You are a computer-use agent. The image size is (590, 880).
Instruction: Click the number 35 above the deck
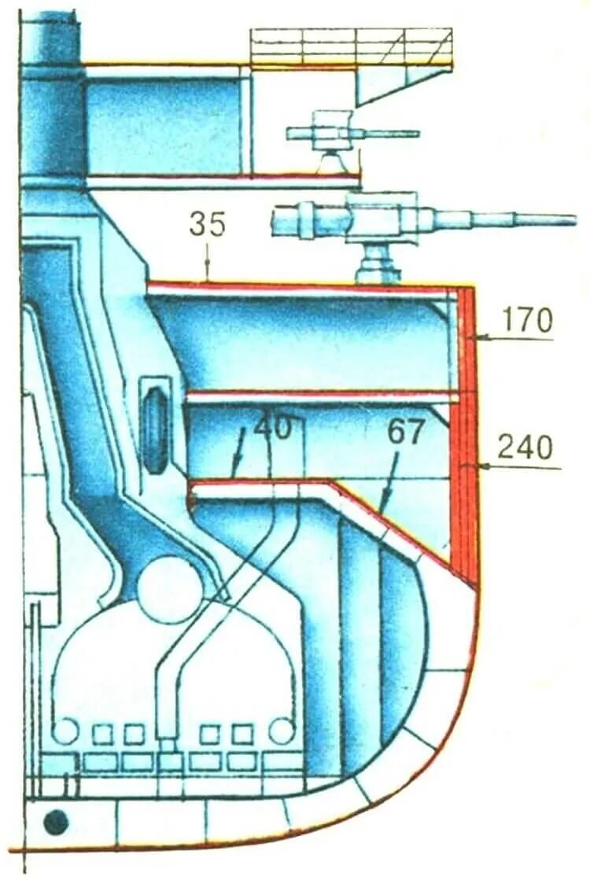click(x=207, y=226)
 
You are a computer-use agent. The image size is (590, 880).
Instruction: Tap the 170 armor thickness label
click(x=528, y=320)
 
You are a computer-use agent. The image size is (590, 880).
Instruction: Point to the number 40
click(x=273, y=429)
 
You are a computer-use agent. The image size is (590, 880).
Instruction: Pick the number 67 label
click(x=406, y=432)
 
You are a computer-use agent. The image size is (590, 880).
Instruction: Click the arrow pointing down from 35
click(x=208, y=263)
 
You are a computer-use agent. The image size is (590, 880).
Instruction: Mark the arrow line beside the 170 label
click(x=511, y=338)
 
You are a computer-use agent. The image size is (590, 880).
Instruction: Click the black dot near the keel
click(x=56, y=823)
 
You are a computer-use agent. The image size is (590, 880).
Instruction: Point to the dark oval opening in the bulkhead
click(x=154, y=425)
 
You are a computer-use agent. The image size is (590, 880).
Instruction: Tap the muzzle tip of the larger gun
click(x=572, y=219)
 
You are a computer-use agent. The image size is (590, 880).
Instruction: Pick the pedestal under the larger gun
click(x=378, y=263)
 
